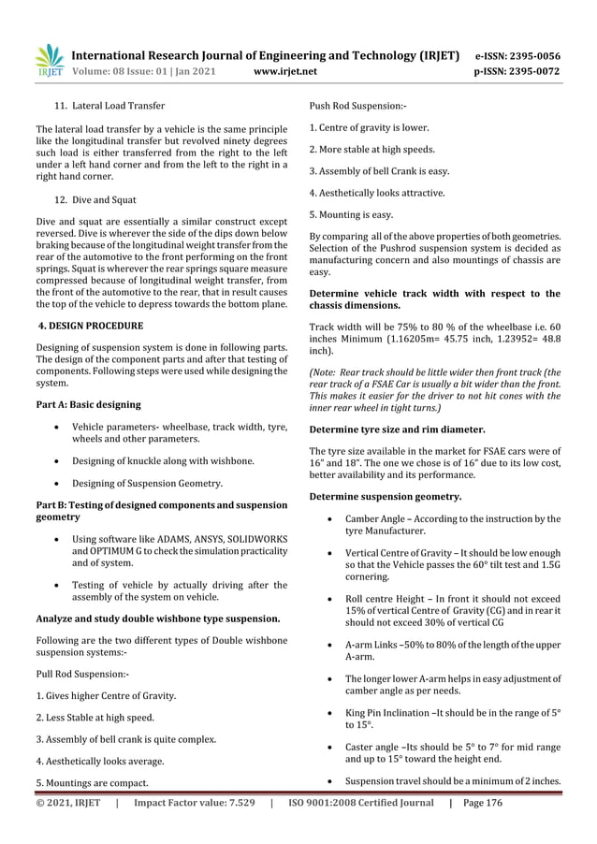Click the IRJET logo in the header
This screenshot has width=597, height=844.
[49, 60]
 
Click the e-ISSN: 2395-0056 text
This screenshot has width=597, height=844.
[517, 55]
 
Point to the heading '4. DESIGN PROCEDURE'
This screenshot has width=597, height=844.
[89, 326]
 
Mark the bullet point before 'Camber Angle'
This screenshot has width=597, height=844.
[332, 518]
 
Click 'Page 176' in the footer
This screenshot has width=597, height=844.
[483, 802]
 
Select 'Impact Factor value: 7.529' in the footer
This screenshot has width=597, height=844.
[195, 802]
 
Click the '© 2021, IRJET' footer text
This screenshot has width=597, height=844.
[67, 802]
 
